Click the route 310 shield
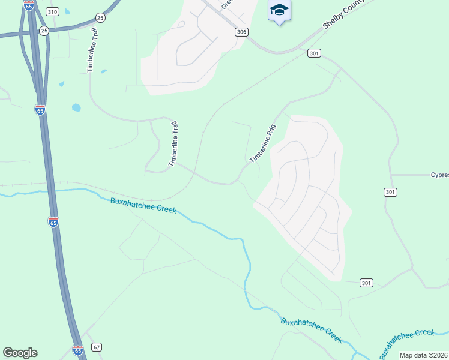coord(52,12)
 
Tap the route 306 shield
coord(241,32)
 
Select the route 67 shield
coord(97,347)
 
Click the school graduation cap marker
coord(279,10)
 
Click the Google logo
coord(20,353)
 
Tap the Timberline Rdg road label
coord(262,143)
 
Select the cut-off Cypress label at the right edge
coord(439,175)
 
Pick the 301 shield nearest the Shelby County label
coord(313,53)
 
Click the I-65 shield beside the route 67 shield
coord(77,349)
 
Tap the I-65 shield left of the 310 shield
coord(29,5)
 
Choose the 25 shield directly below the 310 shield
coord(44,30)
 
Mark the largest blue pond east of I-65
coord(76,108)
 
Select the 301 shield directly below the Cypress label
coord(390,192)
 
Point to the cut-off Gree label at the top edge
coord(226,4)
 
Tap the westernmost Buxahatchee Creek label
coord(143,205)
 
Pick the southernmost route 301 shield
coord(367,283)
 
